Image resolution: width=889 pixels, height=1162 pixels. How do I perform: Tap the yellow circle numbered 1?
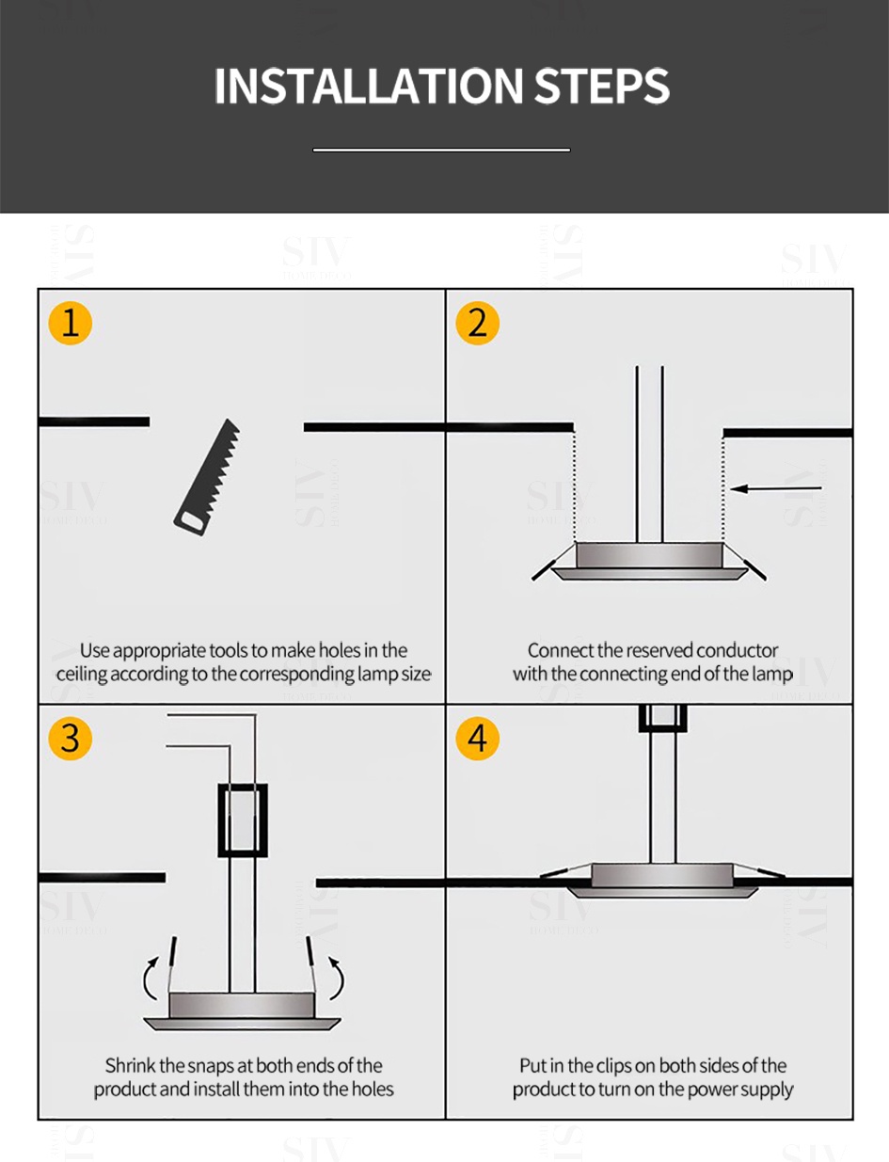(70, 323)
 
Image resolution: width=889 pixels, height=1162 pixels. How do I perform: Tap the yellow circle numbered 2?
(477, 323)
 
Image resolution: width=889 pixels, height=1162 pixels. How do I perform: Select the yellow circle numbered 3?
(70, 739)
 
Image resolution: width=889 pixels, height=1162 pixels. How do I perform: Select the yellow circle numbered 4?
(477, 739)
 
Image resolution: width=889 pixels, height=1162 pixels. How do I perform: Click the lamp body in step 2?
(649, 558)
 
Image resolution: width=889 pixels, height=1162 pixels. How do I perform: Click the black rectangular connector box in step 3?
(243, 820)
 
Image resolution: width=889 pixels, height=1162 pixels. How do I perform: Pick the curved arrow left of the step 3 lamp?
(151, 979)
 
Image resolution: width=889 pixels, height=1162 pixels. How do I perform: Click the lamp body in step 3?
(242, 1008)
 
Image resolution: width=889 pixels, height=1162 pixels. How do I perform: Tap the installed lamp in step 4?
(662, 879)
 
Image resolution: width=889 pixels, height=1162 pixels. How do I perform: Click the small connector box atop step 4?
(662, 717)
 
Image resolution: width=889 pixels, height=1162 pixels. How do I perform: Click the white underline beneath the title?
(441, 150)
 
